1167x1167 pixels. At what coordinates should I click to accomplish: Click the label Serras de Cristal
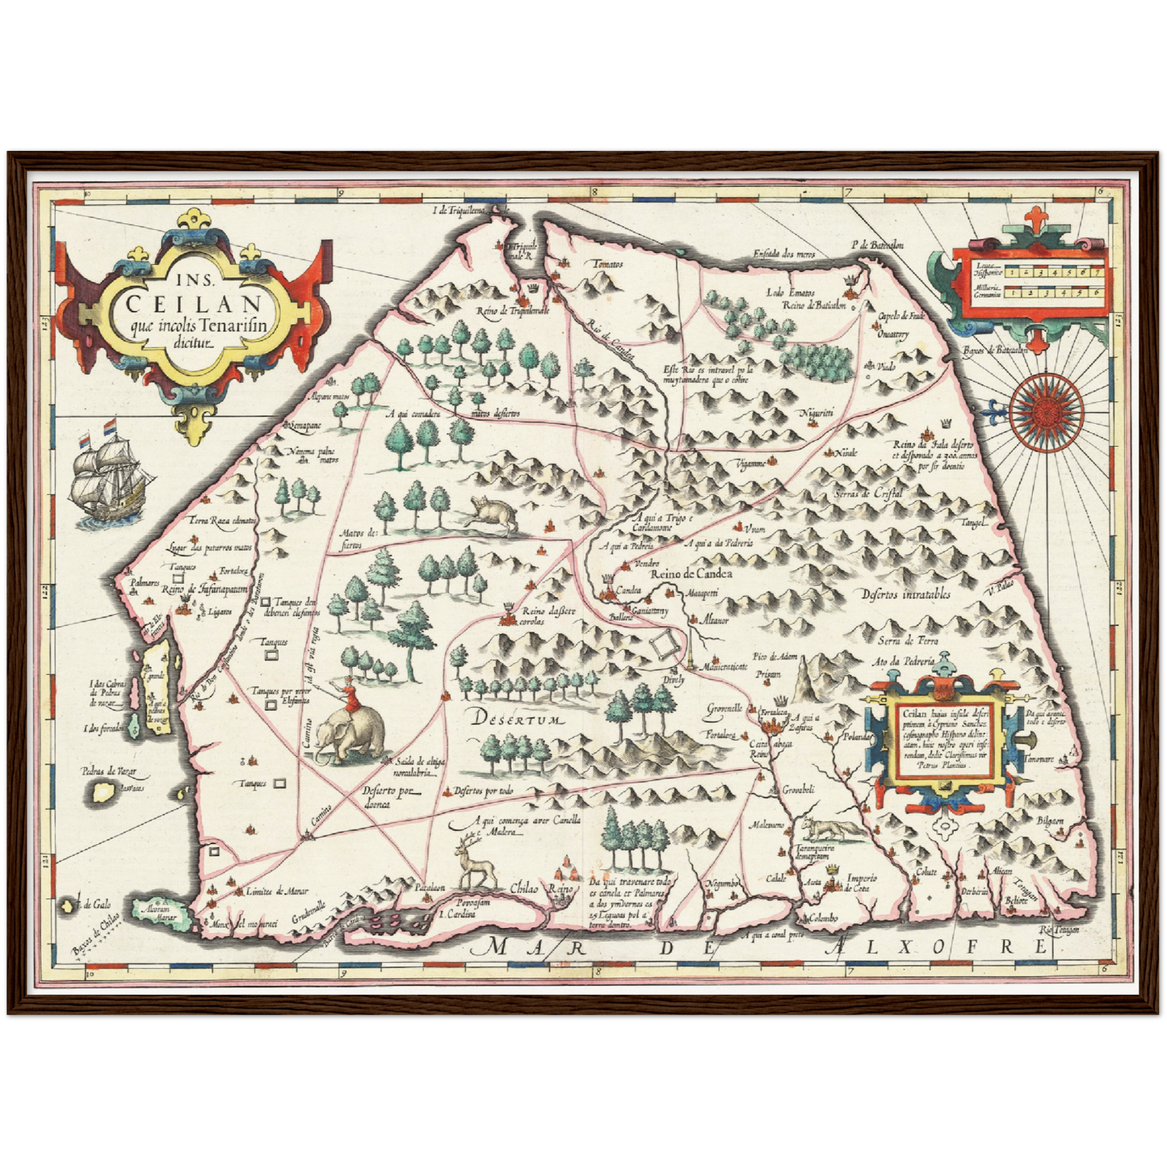tap(868, 493)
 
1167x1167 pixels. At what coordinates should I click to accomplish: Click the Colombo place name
tap(821, 919)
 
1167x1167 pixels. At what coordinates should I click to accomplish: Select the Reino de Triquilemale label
tap(513, 310)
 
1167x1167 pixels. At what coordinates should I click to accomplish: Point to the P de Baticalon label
tap(877, 245)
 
